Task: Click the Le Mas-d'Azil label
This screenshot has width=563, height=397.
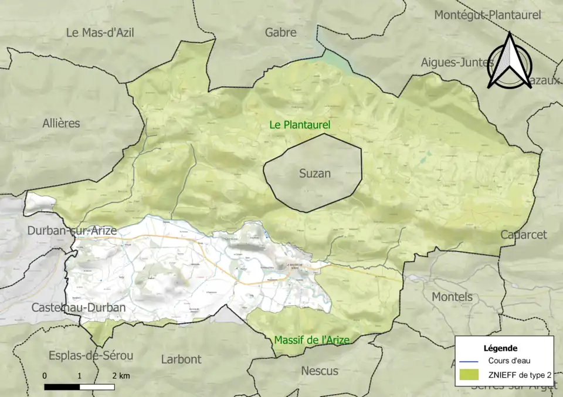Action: [100, 32]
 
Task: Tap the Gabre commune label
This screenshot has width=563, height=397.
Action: [280, 32]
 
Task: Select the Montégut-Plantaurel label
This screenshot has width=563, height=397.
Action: [487, 15]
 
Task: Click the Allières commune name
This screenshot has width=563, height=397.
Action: [61, 123]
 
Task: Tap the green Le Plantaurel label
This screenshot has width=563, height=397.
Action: [300, 125]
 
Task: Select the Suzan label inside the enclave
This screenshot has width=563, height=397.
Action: [315, 173]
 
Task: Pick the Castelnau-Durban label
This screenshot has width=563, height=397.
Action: [78, 307]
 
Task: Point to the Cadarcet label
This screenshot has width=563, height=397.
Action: [523, 235]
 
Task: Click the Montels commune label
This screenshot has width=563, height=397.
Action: [452, 297]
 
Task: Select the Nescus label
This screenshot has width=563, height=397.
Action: [320, 371]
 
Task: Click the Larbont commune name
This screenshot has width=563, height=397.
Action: [181, 359]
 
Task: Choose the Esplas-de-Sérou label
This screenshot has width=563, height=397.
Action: [91, 355]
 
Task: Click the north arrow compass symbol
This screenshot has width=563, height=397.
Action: [510, 61]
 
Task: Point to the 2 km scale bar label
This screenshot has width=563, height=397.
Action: [121, 375]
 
